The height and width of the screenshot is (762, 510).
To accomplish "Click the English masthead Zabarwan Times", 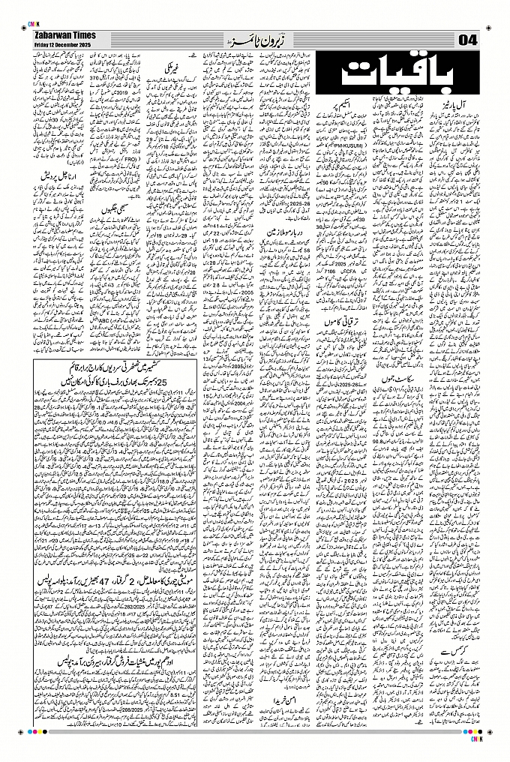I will pos(61,35).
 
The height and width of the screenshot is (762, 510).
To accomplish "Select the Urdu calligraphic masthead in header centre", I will pos(256,38).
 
